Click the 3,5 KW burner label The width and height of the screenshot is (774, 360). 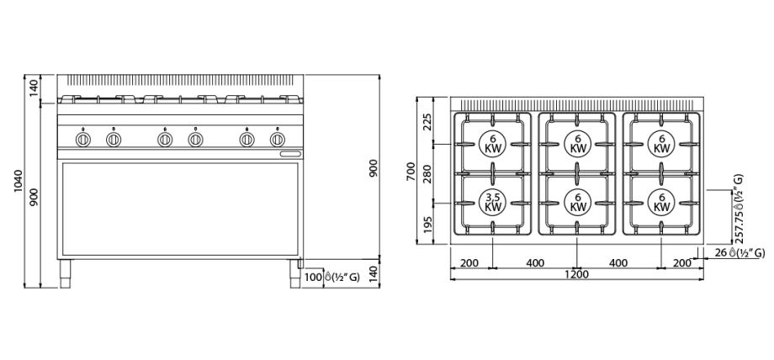[x=493, y=203]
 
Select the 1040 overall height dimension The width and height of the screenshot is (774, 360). [x=19, y=181]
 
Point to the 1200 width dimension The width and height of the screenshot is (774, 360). [x=576, y=274]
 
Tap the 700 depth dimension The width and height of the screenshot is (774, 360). [x=411, y=172]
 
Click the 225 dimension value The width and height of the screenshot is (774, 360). [x=427, y=121]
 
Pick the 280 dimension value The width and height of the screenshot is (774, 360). [x=427, y=174]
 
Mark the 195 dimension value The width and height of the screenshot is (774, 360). [x=427, y=225]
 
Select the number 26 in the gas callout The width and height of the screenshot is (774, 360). [x=722, y=253]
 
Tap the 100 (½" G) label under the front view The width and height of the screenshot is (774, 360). [x=331, y=277]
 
